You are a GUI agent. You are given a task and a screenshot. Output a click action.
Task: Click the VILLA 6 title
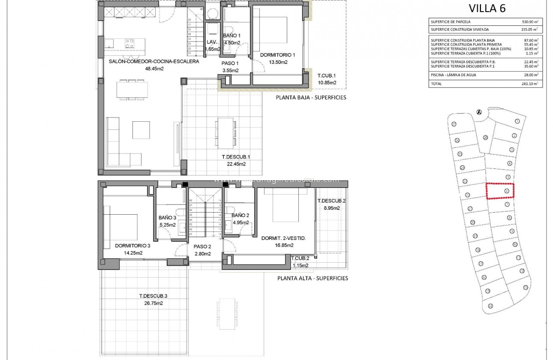(485, 8)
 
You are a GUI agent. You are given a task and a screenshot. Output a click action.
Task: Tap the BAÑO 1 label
(231, 36)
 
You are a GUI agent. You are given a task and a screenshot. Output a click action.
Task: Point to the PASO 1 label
(230, 63)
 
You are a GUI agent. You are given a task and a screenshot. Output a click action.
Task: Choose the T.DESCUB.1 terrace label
(233, 156)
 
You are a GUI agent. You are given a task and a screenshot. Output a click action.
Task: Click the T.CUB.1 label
(327, 75)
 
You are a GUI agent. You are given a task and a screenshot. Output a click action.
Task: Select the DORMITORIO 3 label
(132, 246)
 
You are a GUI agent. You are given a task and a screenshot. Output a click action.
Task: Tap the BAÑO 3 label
(167, 218)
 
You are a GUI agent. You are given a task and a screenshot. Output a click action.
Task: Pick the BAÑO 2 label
(240, 216)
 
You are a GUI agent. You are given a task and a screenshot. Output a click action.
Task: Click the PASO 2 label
(202, 246)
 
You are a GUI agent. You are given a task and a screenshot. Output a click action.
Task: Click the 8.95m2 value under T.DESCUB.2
(329, 208)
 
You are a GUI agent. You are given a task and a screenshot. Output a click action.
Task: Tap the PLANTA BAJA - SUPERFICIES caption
(311, 98)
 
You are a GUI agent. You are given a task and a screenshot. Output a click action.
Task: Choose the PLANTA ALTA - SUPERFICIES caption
(313, 278)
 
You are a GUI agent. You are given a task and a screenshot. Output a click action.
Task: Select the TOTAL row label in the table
(437, 84)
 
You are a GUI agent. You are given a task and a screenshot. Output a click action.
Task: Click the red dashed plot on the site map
(500, 191)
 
